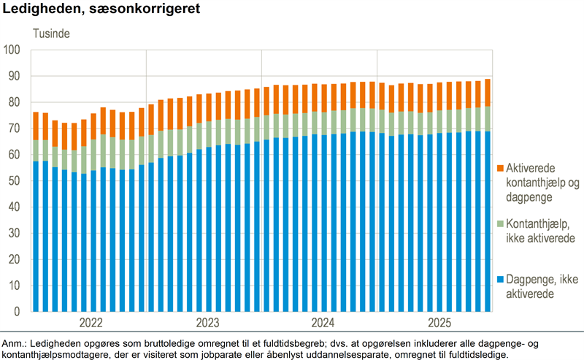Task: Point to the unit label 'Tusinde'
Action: click(x=51, y=33)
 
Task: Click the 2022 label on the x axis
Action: click(x=91, y=322)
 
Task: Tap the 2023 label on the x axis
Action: click(x=207, y=322)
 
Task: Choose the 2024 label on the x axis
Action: click(x=322, y=322)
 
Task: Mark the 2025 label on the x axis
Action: click(x=437, y=322)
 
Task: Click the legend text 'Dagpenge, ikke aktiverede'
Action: click(x=537, y=286)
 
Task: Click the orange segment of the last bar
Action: click(x=488, y=93)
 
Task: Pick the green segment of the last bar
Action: click(x=488, y=118)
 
